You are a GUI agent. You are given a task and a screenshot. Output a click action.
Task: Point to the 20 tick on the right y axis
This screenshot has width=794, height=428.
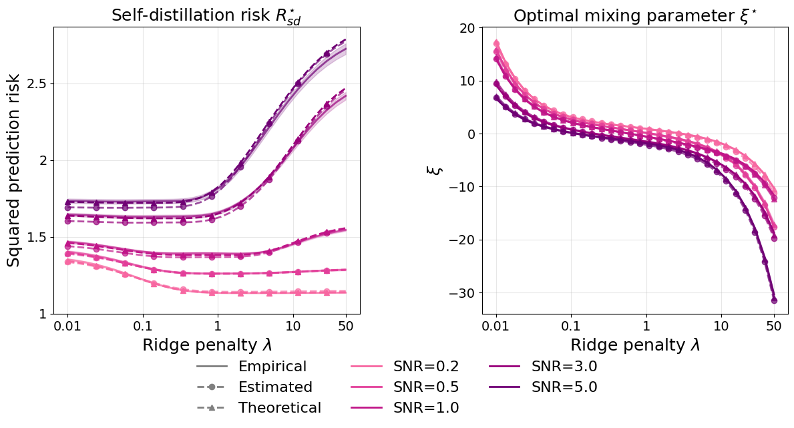pos(465,28)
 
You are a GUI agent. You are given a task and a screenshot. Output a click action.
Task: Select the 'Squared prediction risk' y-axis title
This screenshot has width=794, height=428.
pos(14,170)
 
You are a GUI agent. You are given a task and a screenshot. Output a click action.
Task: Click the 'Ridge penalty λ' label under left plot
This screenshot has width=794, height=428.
pos(206,345)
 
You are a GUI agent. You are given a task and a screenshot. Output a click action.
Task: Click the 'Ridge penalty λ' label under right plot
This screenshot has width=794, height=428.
pos(635,345)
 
